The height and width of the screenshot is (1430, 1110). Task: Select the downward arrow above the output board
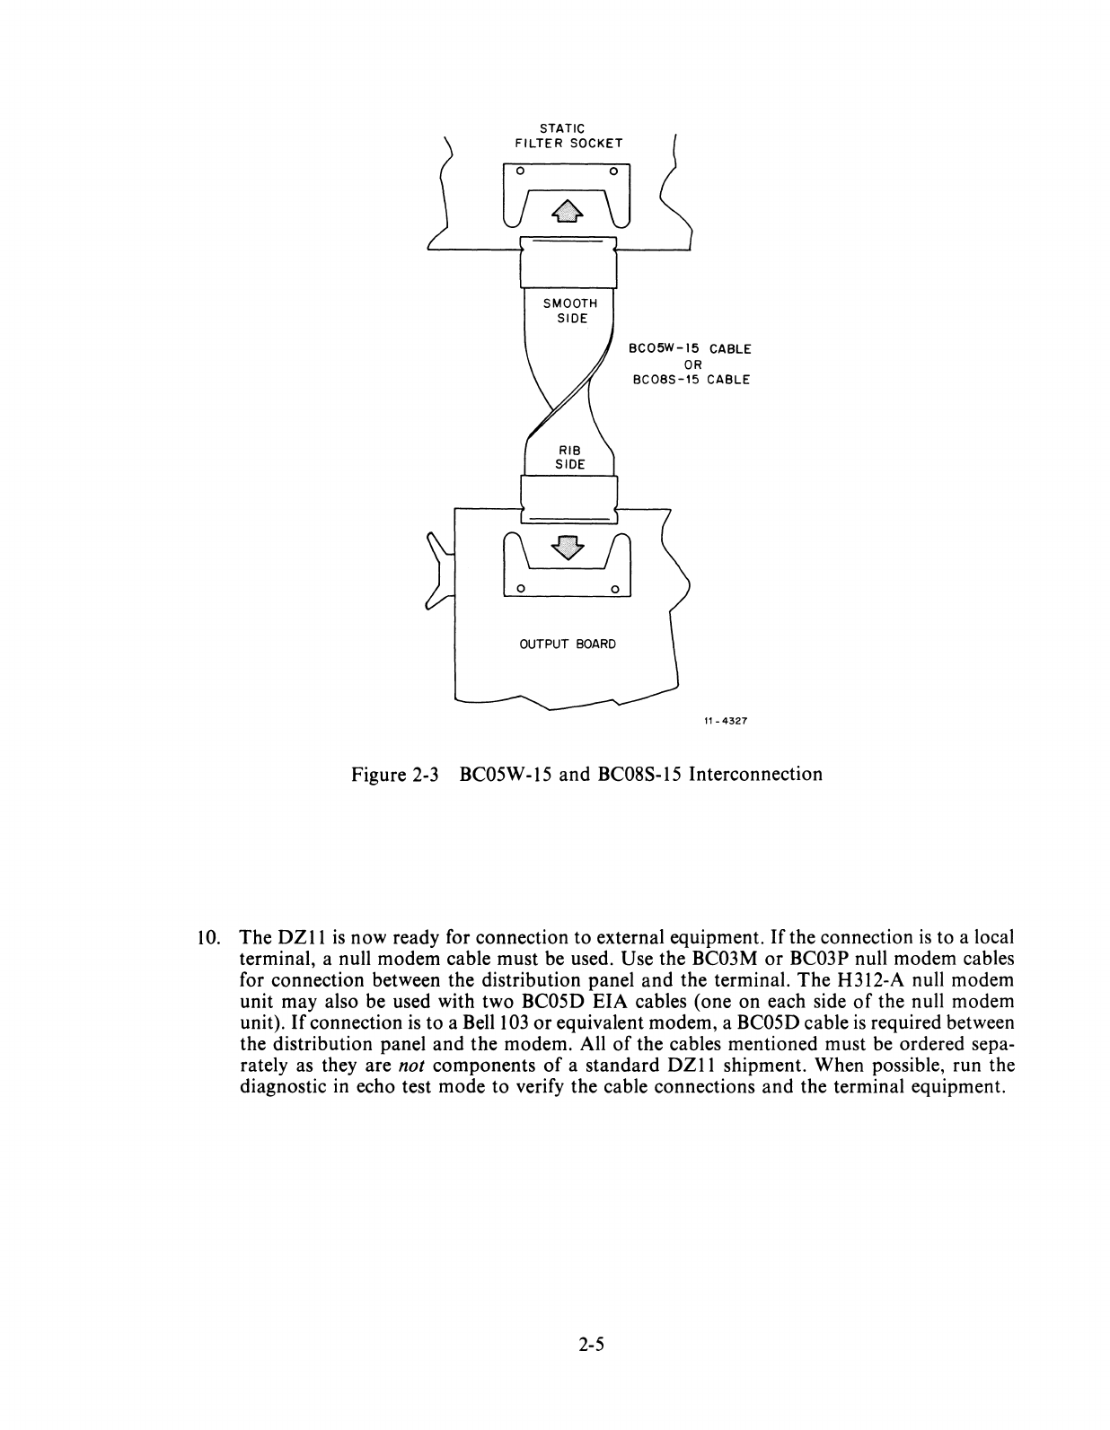tap(567, 546)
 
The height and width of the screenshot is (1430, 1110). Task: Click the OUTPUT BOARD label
tap(568, 644)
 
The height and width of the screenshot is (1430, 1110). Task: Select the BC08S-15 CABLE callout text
tap(691, 379)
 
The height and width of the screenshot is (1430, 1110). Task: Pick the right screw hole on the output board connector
tap(615, 589)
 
